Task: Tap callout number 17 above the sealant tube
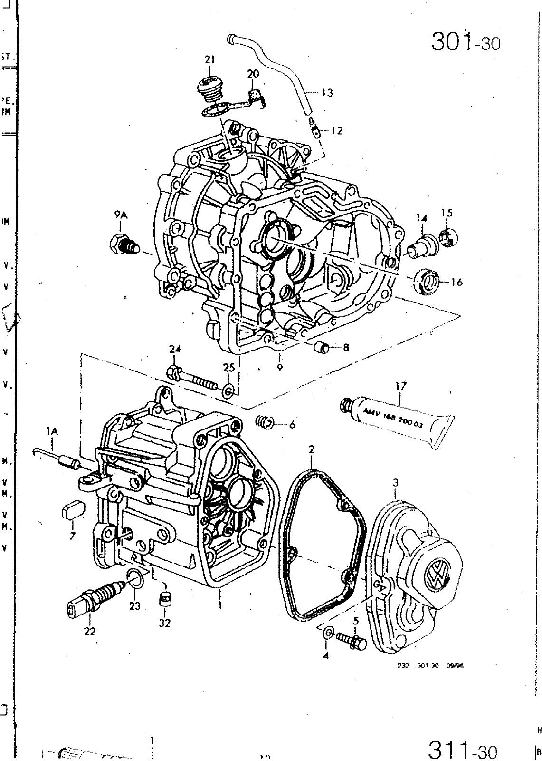pyautogui.click(x=401, y=386)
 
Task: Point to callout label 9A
pyautogui.click(x=121, y=215)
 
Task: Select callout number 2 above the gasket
pyautogui.click(x=311, y=449)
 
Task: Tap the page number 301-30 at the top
pyautogui.click(x=466, y=42)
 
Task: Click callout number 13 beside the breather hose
pyautogui.click(x=327, y=93)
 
